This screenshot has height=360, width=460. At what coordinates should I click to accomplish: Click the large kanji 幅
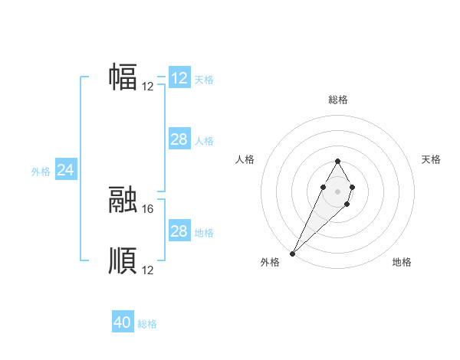pos(123,77)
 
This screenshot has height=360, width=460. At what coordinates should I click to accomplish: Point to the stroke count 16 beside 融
pos(148,208)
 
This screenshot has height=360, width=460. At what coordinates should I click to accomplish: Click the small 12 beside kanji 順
pos(148,270)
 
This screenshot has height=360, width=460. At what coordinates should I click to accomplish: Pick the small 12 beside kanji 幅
pos(148,86)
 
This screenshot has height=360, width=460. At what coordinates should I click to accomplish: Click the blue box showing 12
pos(179,78)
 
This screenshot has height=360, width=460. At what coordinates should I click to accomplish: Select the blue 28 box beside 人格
pos(179,139)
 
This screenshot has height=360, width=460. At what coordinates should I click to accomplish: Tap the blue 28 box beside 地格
pos(179,231)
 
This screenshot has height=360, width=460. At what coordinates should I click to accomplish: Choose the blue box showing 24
pos(66,170)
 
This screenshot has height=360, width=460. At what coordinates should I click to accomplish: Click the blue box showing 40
pos(123,322)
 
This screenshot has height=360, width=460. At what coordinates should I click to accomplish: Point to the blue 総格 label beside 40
pos(147,324)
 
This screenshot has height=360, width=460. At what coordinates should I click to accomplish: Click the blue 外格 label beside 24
pos(41,172)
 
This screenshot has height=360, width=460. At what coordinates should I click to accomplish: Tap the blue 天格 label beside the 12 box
pos(204,80)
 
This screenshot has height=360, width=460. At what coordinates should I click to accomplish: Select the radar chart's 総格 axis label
pos(338,100)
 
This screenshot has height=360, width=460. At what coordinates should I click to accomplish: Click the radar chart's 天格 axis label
pos(431,159)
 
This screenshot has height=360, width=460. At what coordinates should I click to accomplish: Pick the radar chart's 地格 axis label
pos(402,263)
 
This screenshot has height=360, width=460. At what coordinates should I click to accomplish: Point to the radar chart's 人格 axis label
pos(245,159)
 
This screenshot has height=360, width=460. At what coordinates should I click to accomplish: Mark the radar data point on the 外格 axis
pos(293,253)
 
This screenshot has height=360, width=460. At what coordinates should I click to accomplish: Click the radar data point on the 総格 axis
pos(338,161)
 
